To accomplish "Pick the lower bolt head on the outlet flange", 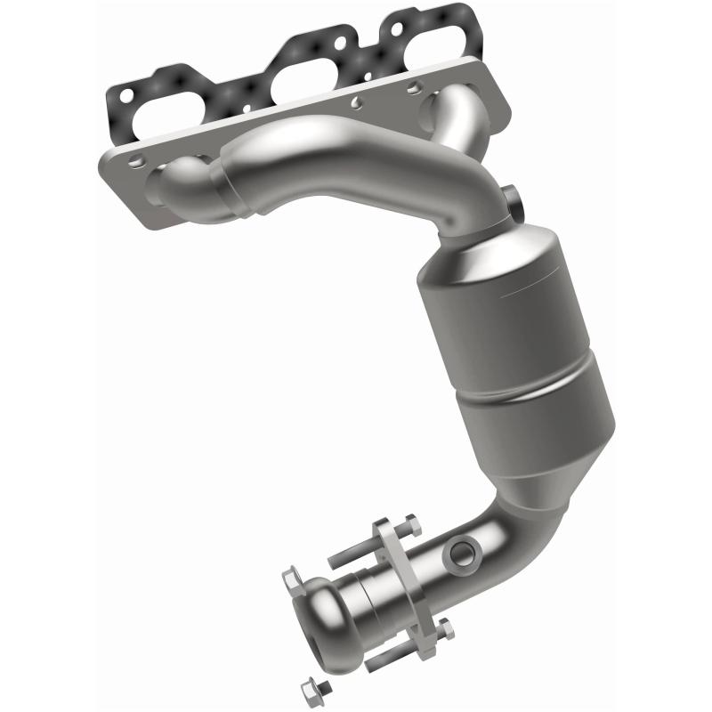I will tap(445, 631).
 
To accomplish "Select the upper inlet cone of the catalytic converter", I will tap(481, 258).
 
